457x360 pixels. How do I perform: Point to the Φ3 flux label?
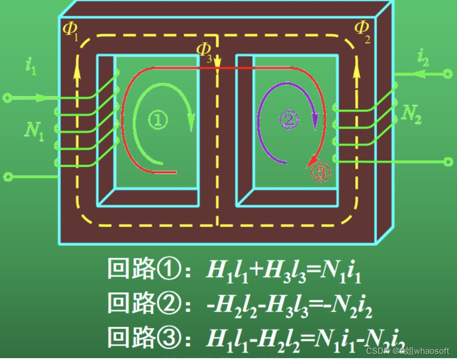[x=205, y=52]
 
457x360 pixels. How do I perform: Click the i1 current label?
[x=31, y=66]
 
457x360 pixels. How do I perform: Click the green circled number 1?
[x=158, y=120]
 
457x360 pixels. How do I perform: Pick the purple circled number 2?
[x=288, y=120]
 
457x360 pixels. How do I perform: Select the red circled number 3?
[x=321, y=173]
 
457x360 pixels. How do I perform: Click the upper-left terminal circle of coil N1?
[x=7, y=98]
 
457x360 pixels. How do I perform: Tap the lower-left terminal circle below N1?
[x=7, y=177]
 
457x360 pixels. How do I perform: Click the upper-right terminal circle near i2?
[x=448, y=74]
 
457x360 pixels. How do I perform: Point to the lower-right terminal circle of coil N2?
[x=448, y=162]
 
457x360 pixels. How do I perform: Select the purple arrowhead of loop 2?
[x=315, y=124]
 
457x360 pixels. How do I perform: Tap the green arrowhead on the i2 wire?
[x=418, y=74]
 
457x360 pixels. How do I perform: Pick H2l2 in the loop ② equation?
[x=235, y=304]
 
